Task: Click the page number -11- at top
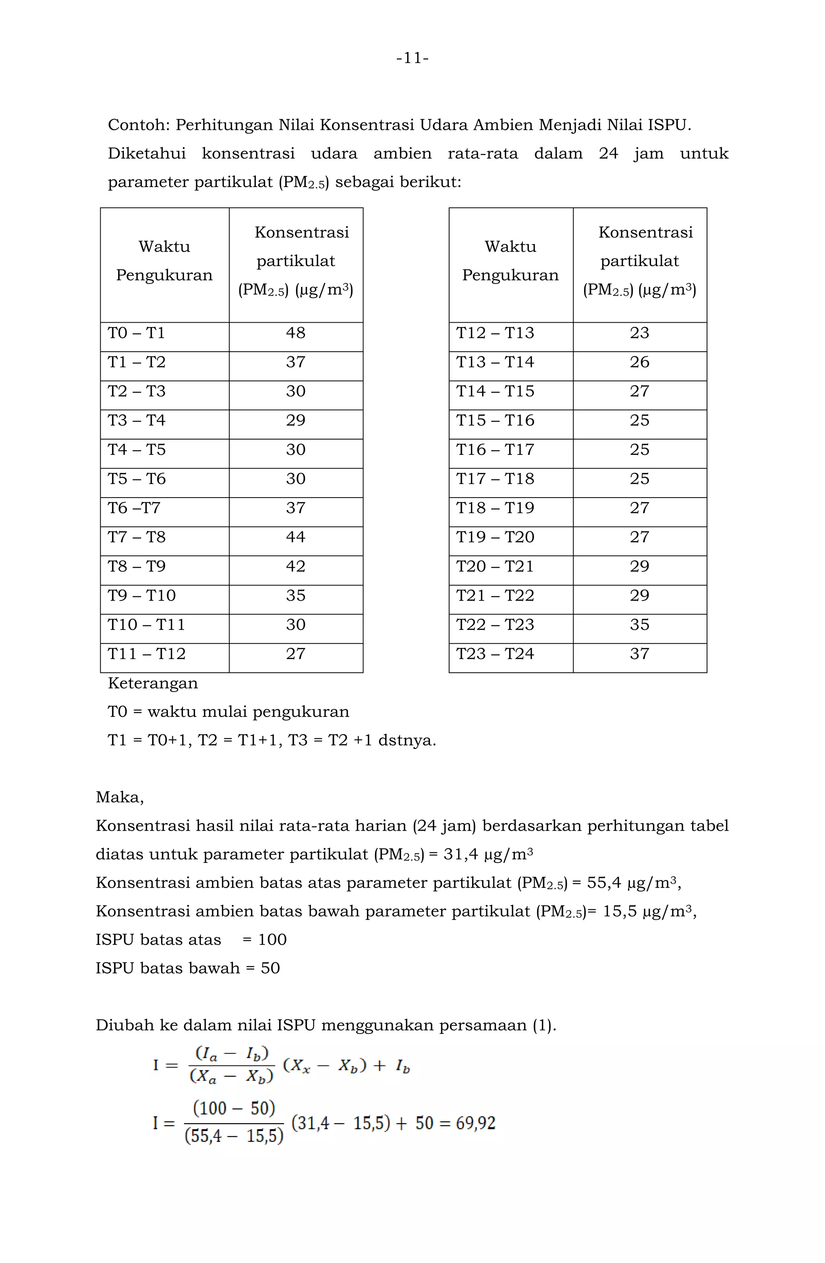(x=412, y=58)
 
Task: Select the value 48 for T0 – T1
(x=295, y=333)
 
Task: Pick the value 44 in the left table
(x=295, y=537)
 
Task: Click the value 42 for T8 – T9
(x=295, y=566)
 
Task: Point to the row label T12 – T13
(x=495, y=333)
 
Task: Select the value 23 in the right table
(x=639, y=333)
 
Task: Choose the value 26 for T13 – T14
(x=639, y=362)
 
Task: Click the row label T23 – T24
(x=495, y=654)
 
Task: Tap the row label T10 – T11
(x=146, y=625)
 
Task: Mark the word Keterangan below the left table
(x=153, y=683)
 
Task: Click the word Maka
(x=119, y=797)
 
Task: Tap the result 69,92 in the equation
(x=476, y=1123)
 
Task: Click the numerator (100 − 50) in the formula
(x=234, y=1108)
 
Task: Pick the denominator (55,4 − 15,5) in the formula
(x=234, y=1136)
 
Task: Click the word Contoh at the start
(x=138, y=125)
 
